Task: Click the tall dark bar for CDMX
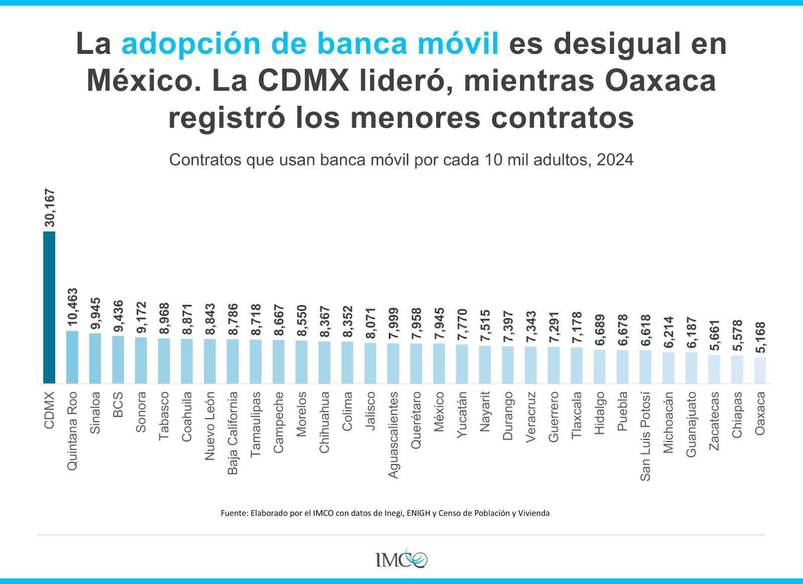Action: pyautogui.click(x=49, y=307)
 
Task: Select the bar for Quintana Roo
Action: pyautogui.click(x=72, y=357)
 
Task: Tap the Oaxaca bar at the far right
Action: pyautogui.click(x=760, y=371)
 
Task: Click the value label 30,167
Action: pyautogui.click(x=50, y=208)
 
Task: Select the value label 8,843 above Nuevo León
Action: pyautogui.click(x=210, y=319)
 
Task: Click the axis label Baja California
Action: pyautogui.click(x=233, y=433)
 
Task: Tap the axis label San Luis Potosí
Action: pyautogui.click(x=645, y=436)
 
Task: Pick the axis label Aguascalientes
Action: pyautogui.click(x=393, y=435)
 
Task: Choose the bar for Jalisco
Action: pyautogui.click(x=370, y=363)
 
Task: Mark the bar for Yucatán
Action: pyautogui.click(x=462, y=364)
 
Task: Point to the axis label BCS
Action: pyautogui.click(x=118, y=405)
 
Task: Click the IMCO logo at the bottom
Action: pyautogui.click(x=401, y=558)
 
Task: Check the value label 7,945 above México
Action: pyautogui.click(x=439, y=323)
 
